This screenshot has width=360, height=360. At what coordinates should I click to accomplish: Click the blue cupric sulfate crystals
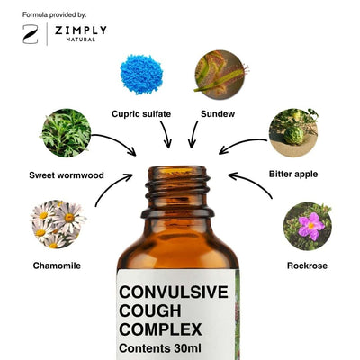pos(141,74)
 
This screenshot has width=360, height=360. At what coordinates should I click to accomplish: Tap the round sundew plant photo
pos(220,75)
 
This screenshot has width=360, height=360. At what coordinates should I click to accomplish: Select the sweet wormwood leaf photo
pos(67,133)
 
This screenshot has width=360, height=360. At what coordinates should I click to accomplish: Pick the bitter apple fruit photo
pos(293,133)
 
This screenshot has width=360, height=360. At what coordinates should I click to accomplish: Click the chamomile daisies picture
pos(58,224)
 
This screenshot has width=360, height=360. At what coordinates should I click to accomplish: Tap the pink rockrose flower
pos(310,226)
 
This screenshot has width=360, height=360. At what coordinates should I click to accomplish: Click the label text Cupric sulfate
pos(141,114)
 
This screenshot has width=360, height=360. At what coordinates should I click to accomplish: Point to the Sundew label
pos(218,114)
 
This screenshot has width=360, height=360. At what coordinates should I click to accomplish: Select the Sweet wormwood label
pos(67,175)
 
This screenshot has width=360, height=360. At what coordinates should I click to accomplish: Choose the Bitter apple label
pos(293,175)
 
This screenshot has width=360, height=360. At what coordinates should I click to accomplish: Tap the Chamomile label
pos(57,265)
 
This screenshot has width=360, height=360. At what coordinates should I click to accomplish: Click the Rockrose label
pos(307,265)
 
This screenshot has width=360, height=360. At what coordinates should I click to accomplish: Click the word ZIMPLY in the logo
pos(81,31)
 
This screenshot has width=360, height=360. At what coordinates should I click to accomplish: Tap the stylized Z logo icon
pos(31,34)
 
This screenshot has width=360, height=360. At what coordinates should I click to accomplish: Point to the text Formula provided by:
pos(54,14)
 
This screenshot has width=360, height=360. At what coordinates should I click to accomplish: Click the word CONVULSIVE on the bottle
pos(174,292)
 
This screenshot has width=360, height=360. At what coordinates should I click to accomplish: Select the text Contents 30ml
pos(160,348)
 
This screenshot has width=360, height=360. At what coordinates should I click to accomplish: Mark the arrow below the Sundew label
pos(193,134)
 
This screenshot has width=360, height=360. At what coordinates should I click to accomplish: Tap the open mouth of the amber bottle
pos(177,171)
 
